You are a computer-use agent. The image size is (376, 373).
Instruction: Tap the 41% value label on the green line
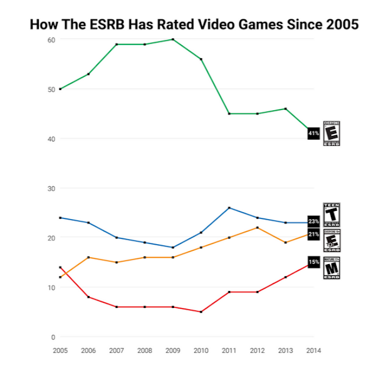314,133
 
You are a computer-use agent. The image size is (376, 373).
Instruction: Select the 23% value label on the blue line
314,222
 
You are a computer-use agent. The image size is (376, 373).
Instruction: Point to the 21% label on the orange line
314,233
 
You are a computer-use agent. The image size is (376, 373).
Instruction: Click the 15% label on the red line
314,261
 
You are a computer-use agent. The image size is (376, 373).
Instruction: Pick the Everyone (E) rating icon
331,133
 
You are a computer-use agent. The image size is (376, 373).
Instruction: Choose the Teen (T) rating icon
331,215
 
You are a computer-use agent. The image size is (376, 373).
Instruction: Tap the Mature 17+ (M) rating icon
331,268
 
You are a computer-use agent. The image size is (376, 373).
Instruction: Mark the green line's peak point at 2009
172,39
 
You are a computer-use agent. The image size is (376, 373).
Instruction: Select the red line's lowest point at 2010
201,312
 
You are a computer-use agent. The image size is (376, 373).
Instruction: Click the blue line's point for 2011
229,208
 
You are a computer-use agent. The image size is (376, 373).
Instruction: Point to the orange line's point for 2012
257,227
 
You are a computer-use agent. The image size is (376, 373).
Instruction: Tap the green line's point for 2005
60,89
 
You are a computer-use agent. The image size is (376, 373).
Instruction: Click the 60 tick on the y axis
51,39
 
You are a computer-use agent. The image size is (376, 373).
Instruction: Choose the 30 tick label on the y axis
51,188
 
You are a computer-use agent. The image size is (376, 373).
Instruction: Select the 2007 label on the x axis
116,350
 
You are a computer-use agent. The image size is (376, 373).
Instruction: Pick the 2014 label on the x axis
313,350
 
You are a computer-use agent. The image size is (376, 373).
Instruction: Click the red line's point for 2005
60,267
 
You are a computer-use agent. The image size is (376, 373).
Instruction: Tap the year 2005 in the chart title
342,24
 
